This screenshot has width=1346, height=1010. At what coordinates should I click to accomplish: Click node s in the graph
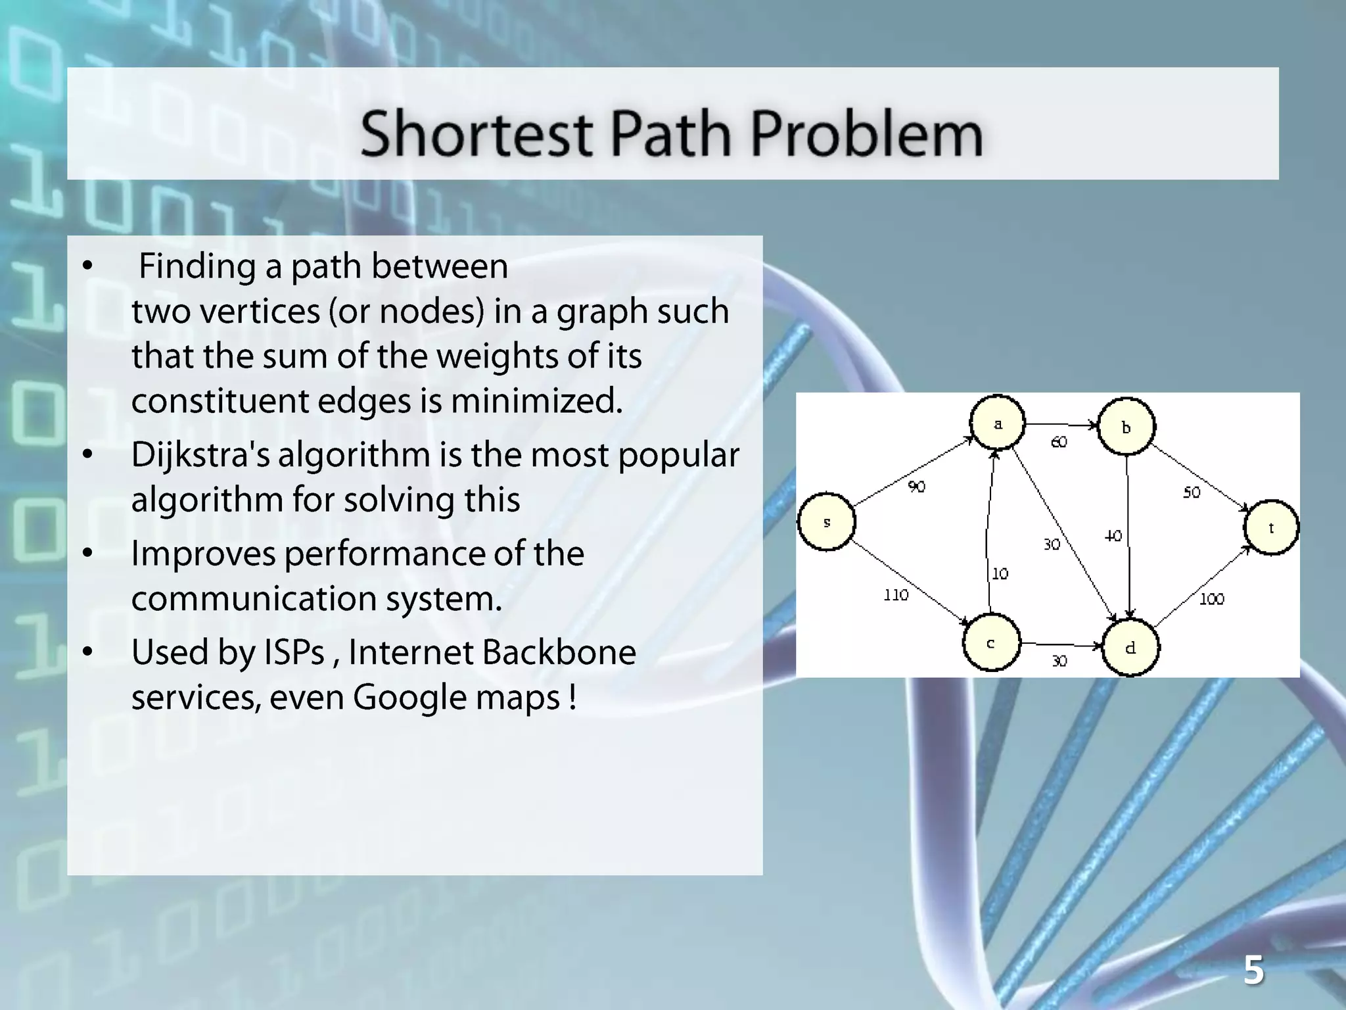[x=826, y=522]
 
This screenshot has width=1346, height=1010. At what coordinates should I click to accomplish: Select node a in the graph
[x=998, y=423]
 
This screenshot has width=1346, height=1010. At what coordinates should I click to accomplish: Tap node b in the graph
[x=1126, y=427]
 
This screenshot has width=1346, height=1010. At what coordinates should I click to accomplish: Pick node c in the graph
[x=991, y=642]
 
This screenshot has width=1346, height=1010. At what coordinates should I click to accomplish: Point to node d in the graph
[x=1130, y=648]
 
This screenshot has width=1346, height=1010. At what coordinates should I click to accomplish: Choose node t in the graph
[x=1271, y=527]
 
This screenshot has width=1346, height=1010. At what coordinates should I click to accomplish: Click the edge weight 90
[x=917, y=487]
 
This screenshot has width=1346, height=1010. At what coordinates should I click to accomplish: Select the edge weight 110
[x=896, y=595]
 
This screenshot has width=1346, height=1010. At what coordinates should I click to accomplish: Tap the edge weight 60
[x=1059, y=442]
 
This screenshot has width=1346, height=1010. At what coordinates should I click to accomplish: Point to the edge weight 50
[x=1192, y=493]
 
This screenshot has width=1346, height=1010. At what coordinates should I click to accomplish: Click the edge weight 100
[x=1212, y=599]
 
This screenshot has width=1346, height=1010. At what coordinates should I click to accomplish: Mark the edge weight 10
[x=1000, y=574]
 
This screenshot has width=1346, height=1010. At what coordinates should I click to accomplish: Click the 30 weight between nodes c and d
[x=1059, y=661]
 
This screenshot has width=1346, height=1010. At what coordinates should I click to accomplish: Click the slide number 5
[x=1253, y=971]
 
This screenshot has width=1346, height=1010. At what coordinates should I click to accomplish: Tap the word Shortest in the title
[x=476, y=134]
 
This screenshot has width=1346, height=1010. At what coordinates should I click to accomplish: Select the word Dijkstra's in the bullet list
[x=200, y=455]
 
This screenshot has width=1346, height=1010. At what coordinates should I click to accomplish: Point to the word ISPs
[x=294, y=652]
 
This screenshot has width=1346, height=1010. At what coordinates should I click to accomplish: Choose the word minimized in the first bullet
[x=536, y=400]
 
